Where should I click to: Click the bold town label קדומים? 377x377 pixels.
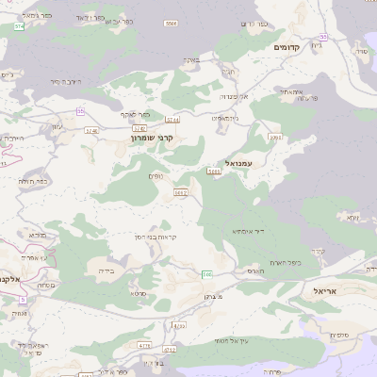coord(286,47)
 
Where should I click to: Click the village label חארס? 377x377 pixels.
coord(255,270)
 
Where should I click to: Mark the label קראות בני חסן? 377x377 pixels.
coord(158,237)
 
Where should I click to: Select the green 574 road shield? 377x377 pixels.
coord(19,26)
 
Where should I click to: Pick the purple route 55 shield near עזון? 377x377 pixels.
coord(81,111)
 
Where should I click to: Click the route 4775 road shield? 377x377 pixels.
coord(145,347)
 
